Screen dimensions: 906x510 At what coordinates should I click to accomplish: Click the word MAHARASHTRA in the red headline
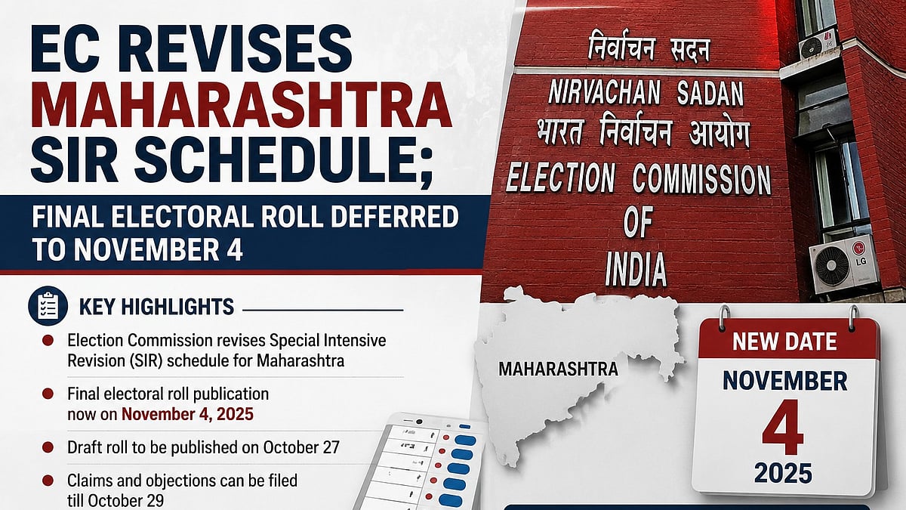pyautogui.click(x=241, y=104)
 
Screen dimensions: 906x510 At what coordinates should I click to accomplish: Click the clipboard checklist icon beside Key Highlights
pyautogui.click(x=48, y=306)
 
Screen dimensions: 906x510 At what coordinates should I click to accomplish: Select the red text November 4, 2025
pyautogui.click(x=188, y=415)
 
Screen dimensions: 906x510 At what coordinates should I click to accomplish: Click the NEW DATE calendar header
pyautogui.click(x=784, y=342)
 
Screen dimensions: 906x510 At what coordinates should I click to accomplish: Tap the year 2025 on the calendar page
pyautogui.click(x=783, y=474)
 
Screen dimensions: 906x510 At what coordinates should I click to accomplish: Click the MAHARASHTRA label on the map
pyautogui.click(x=559, y=369)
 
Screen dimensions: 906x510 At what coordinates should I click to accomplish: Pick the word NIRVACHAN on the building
pyautogui.click(x=604, y=93)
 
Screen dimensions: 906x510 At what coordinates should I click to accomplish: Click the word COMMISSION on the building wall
pyautogui.click(x=701, y=179)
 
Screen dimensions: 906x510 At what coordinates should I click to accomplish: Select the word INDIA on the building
pyautogui.click(x=636, y=269)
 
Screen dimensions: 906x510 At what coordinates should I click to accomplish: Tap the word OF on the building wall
pyautogui.click(x=638, y=222)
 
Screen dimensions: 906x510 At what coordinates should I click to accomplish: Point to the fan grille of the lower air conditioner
pyautogui.click(x=832, y=266)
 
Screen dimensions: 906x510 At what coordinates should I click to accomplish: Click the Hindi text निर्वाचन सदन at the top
pyautogui.click(x=649, y=46)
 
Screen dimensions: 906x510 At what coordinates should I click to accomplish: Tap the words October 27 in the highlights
pyautogui.click(x=301, y=447)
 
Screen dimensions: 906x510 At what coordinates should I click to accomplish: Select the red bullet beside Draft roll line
pyautogui.click(x=48, y=447)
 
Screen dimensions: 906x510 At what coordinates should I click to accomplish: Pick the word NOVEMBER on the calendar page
pyautogui.click(x=784, y=381)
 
